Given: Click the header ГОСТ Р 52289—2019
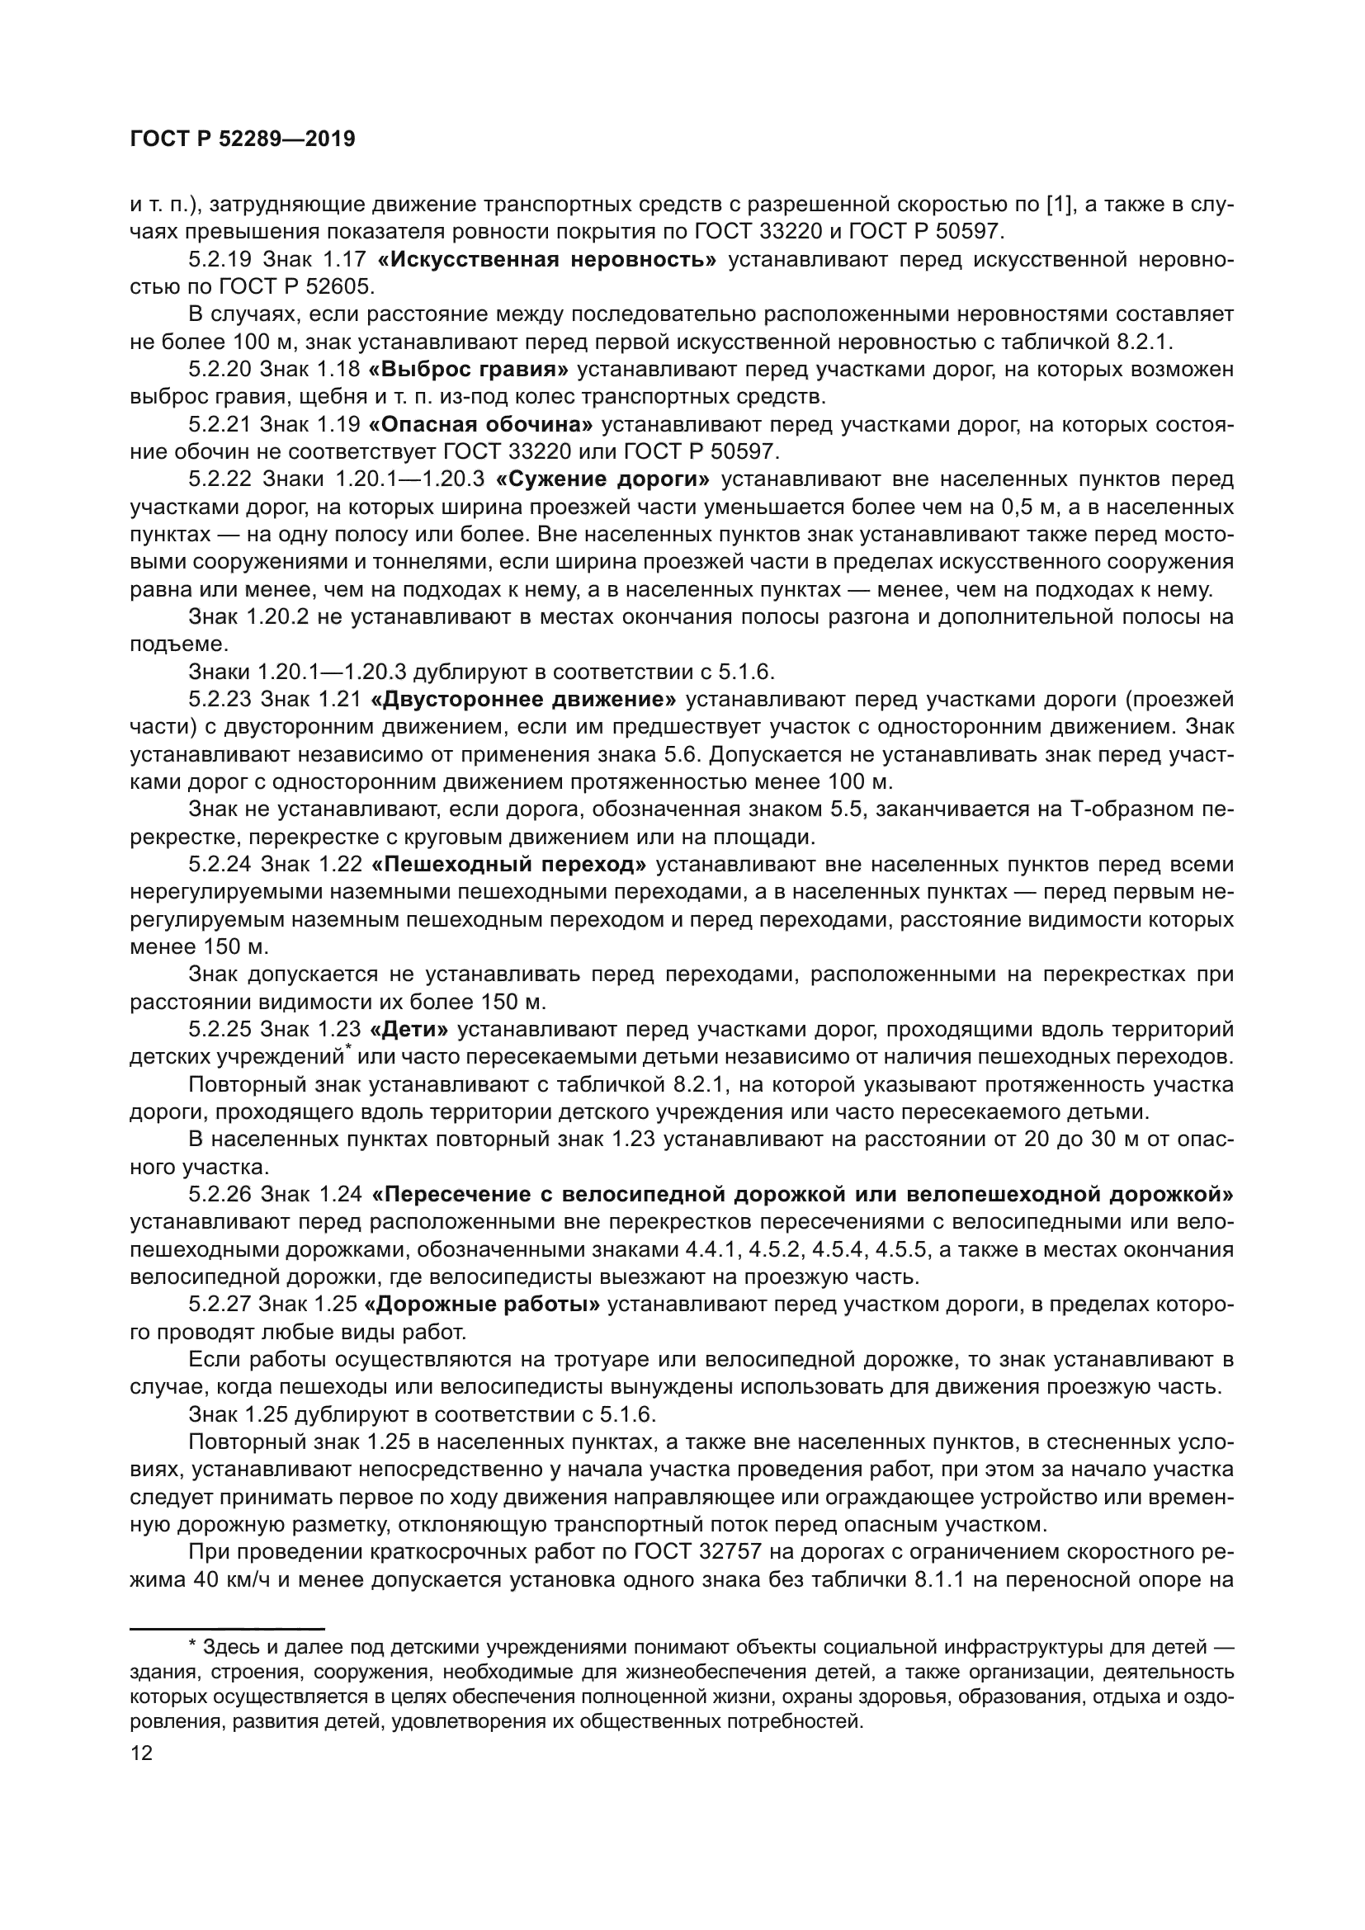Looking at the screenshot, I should click(x=243, y=139).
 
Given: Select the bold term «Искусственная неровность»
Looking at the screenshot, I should click(x=547, y=260).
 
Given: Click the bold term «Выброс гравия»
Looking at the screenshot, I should click(x=469, y=370).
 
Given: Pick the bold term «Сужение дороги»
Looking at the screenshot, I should click(x=602, y=480).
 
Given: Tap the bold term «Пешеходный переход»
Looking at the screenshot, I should click(x=508, y=864).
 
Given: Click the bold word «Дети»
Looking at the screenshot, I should click(x=409, y=1030).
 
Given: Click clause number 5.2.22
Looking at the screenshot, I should click(x=220, y=480).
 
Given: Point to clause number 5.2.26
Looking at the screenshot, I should click(x=220, y=1195).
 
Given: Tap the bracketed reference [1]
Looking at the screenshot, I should click(x=1057, y=205).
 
